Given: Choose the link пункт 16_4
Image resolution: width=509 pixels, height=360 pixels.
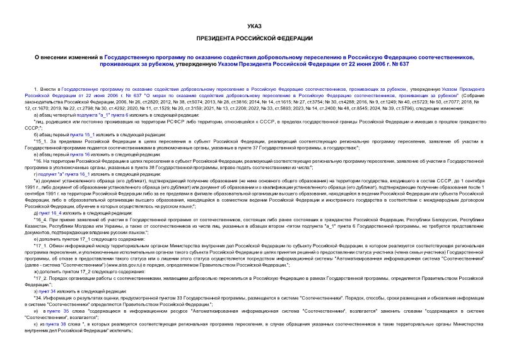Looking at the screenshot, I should coord(51,213).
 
